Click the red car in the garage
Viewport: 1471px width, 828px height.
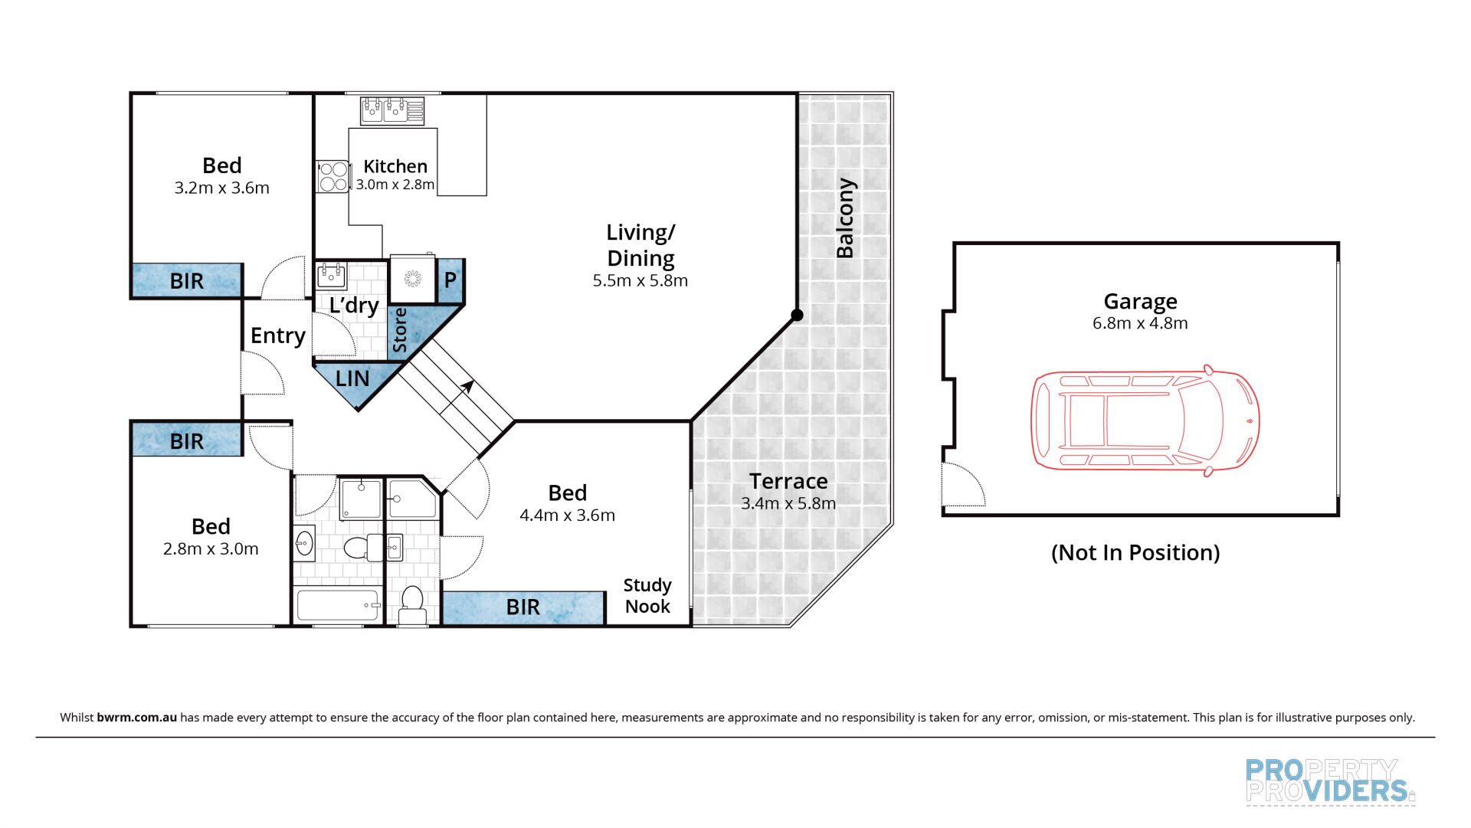coord(1145,421)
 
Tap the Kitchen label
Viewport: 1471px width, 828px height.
coord(395,166)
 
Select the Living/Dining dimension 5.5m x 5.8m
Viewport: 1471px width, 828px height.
coord(640,281)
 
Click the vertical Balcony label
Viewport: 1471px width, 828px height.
coord(845,218)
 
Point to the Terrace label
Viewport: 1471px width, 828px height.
coord(788,481)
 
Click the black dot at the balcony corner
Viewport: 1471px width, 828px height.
coord(797,315)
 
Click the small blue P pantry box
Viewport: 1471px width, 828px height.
coord(450,280)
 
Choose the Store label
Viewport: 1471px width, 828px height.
coord(400,331)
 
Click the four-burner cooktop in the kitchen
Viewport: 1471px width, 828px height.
coord(333,177)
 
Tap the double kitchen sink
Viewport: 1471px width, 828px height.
coord(392,110)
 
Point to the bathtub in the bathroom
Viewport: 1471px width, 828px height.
coord(338,605)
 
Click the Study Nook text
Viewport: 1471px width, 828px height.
coord(647,596)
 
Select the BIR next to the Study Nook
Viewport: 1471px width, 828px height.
coord(523,607)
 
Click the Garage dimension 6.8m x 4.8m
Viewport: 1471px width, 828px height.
coord(1140,323)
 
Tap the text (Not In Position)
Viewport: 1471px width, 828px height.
coord(1135,552)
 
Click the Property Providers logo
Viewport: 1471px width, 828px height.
coord(1329,781)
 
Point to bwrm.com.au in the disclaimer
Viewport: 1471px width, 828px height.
coord(136,718)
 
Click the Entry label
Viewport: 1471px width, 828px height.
coord(277,335)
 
